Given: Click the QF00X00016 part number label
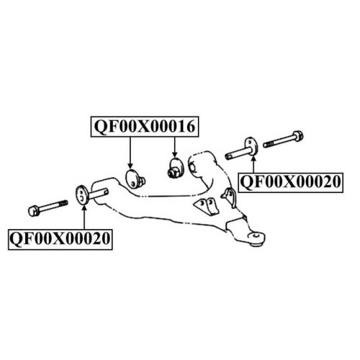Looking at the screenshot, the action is click(x=145, y=127).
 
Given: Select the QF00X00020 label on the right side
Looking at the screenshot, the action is click(x=291, y=182).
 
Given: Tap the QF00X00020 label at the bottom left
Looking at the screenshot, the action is click(x=60, y=239).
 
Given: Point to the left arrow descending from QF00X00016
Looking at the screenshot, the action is click(x=130, y=153).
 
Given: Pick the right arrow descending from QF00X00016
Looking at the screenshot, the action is click(x=175, y=148).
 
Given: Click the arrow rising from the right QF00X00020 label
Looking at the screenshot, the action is click(x=253, y=164).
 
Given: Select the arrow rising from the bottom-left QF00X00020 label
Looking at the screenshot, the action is click(x=84, y=217).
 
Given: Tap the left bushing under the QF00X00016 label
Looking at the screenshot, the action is click(x=135, y=179).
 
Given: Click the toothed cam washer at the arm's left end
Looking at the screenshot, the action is click(x=82, y=195).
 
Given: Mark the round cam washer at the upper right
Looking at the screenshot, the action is click(x=251, y=146).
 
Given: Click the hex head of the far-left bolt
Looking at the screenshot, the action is click(x=34, y=210).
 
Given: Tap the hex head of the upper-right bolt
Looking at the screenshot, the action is click(x=298, y=136).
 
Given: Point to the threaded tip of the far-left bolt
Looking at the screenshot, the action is click(x=63, y=203).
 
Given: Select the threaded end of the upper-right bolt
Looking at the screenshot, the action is click(x=269, y=144).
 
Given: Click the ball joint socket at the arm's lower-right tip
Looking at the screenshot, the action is click(x=257, y=239).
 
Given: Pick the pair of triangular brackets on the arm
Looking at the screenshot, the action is click(x=206, y=206).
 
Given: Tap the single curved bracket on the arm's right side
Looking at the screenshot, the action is click(x=229, y=197).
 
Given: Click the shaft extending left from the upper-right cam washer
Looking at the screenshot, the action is click(x=237, y=154).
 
